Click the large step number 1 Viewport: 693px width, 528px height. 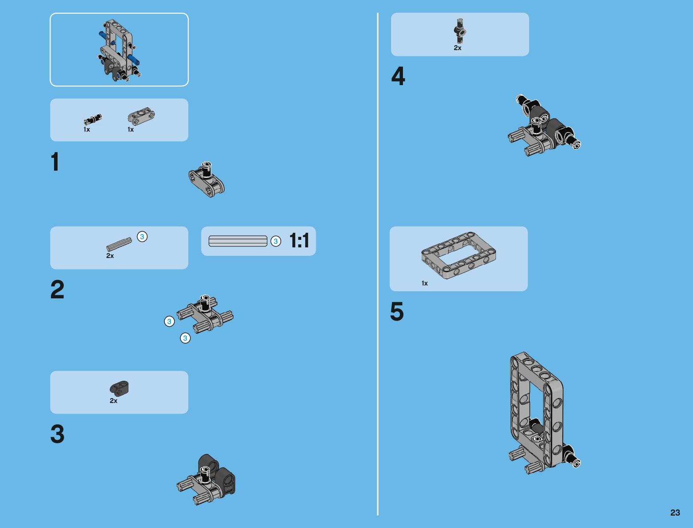tap(55, 161)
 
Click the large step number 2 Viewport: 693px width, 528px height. tap(57, 289)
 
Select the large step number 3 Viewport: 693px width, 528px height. tap(57, 434)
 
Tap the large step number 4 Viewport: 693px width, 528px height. tap(398, 76)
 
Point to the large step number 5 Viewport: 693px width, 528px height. tap(397, 311)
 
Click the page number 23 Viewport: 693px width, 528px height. tap(675, 512)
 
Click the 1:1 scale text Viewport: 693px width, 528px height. tap(299, 240)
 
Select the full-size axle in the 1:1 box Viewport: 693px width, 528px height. tap(238, 241)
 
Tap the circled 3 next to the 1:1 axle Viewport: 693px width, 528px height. tap(275, 242)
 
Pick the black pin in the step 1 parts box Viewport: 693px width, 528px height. tap(93, 119)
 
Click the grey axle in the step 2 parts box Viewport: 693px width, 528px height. tap(119, 244)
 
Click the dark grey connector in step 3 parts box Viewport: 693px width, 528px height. tap(119, 388)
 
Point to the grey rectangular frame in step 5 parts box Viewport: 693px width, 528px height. tap(458, 255)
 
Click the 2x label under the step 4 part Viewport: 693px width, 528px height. tap(457, 48)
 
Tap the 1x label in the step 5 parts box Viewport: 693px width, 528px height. tap(425, 283)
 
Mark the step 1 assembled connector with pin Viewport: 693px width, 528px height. tap(206, 180)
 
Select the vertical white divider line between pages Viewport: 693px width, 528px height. tap(378, 264)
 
